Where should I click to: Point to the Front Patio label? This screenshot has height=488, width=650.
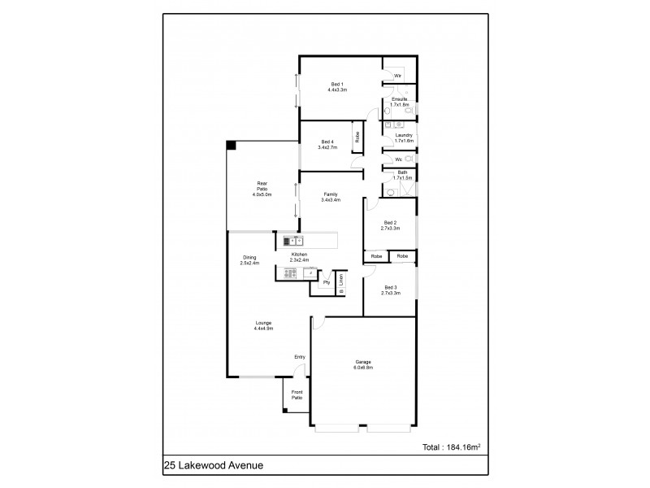(x=297, y=394)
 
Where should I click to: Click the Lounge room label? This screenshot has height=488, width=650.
(x=262, y=325)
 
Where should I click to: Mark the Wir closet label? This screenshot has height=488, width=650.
(x=397, y=76)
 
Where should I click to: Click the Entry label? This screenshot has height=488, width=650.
(x=300, y=357)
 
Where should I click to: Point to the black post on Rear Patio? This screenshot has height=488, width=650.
(x=232, y=145)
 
